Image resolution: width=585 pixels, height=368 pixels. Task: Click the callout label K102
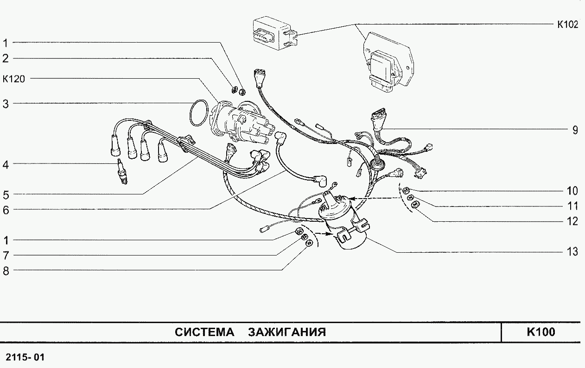point(567,25)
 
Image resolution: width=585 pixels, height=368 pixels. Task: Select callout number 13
point(573,252)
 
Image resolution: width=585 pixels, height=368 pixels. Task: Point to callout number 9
point(575,130)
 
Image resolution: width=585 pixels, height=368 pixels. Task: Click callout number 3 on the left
point(6,104)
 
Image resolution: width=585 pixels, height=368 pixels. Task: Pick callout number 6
point(6,210)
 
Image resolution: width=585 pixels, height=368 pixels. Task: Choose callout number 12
point(573,221)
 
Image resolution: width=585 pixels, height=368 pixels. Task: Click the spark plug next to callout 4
point(122,172)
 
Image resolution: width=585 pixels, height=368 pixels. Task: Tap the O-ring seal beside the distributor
point(198,112)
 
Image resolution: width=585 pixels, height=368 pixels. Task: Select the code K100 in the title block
point(540,332)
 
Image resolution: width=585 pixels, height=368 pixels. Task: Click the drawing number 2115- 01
point(25,357)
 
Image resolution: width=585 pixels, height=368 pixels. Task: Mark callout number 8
point(6,271)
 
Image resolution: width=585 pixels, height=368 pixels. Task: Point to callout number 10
point(573,191)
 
